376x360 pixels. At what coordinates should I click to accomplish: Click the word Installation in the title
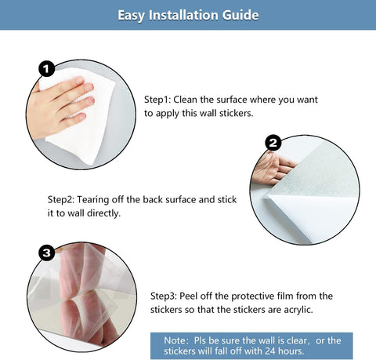click(x=184, y=15)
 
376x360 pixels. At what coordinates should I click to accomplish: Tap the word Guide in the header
click(x=240, y=15)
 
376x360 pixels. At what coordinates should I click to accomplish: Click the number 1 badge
click(x=47, y=69)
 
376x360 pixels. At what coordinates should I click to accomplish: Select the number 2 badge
click(x=273, y=143)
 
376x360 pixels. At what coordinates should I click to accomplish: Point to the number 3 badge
click(x=47, y=253)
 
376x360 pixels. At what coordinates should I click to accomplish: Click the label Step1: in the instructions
click(x=157, y=100)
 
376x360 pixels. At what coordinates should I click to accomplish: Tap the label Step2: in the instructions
click(x=61, y=200)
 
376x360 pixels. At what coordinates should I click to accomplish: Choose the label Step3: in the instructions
click(x=164, y=296)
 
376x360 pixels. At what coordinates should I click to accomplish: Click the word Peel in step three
click(x=188, y=296)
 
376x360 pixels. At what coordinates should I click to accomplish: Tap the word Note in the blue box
click(x=175, y=340)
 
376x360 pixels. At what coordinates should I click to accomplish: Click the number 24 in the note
click(x=270, y=351)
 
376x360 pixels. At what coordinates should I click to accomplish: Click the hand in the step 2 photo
click(x=272, y=168)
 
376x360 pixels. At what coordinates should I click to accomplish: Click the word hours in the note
click(x=291, y=351)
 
